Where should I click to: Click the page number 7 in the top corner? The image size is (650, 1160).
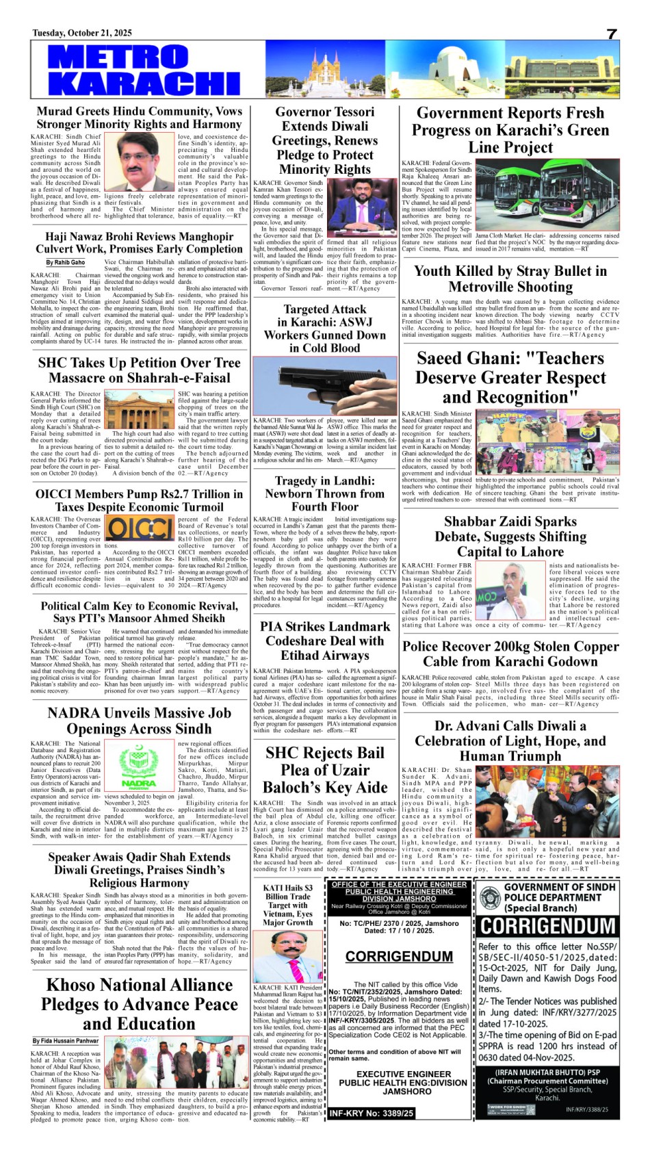coord(611,34)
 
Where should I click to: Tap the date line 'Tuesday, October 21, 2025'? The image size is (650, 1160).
coord(82,33)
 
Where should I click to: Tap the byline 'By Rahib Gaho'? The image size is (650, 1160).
coord(66,262)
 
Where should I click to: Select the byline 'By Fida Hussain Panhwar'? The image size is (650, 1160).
coord(66,1041)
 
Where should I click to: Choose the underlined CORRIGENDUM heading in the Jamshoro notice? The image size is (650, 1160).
coord(399,956)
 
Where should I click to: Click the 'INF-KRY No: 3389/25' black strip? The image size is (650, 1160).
coord(372,1113)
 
